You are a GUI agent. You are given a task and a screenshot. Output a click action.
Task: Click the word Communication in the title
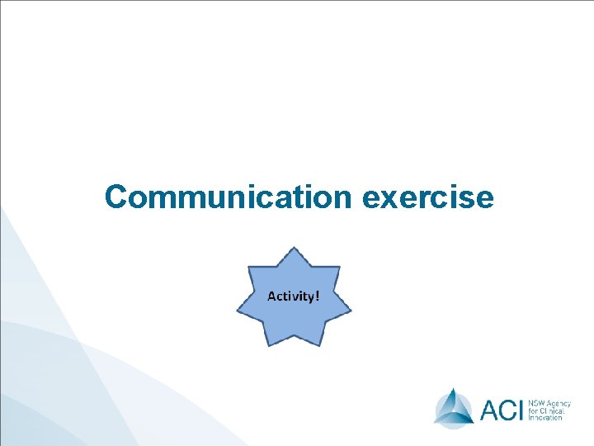pyautogui.click(x=229, y=197)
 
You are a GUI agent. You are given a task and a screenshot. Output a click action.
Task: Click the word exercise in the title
pyautogui.click(x=428, y=198)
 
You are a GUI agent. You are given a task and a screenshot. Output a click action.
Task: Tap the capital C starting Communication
pyautogui.click(x=117, y=197)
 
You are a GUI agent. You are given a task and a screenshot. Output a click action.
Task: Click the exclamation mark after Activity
pyautogui.click(x=316, y=295)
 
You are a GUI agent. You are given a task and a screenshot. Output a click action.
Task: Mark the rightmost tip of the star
pyautogui.click(x=351, y=311)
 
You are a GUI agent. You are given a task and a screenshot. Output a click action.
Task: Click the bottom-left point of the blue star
pyautogui.click(x=266, y=344)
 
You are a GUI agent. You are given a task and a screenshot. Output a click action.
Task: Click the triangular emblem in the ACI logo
pyautogui.click(x=454, y=406)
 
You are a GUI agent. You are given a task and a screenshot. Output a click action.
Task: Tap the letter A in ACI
pyautogui.click(x=490, y=409)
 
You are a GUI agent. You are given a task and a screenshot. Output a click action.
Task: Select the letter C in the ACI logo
pyautogui.click(x=511, y=409)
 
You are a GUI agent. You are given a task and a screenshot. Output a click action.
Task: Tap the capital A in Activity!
pyautogui.click(x=271, y=295)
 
